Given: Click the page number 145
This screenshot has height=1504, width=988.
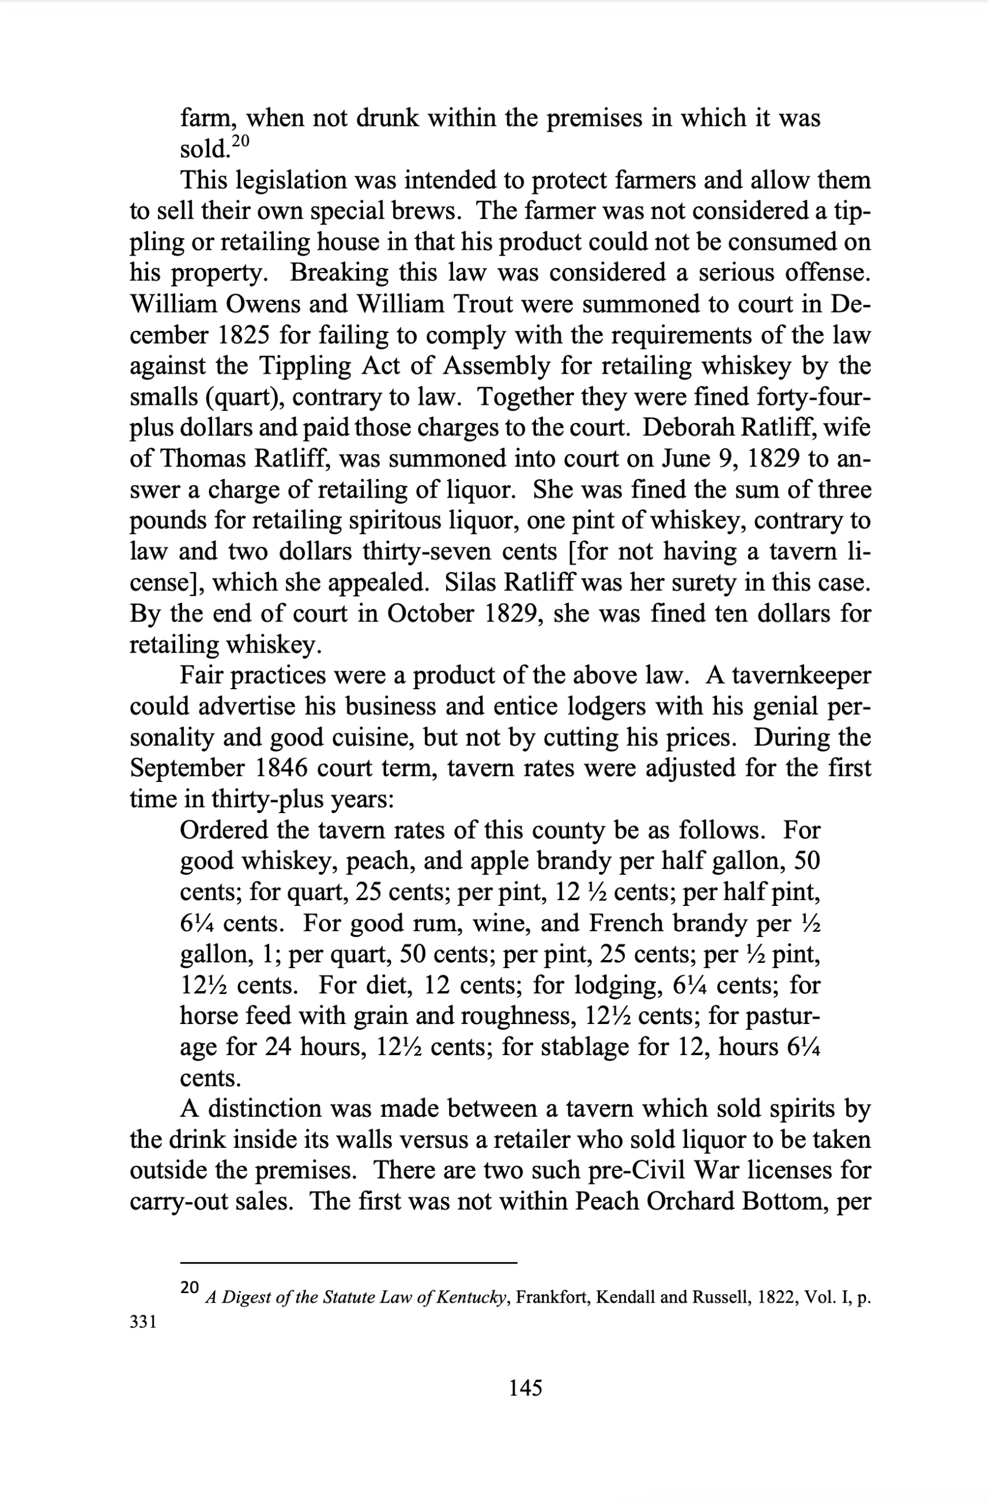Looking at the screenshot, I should coord(525,1387).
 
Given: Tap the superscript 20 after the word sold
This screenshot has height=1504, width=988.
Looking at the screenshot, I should coord(240,142).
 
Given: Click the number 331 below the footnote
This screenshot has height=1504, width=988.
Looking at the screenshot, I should coord(143,1321).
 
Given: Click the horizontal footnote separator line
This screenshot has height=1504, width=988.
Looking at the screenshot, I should coord(349,1263).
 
